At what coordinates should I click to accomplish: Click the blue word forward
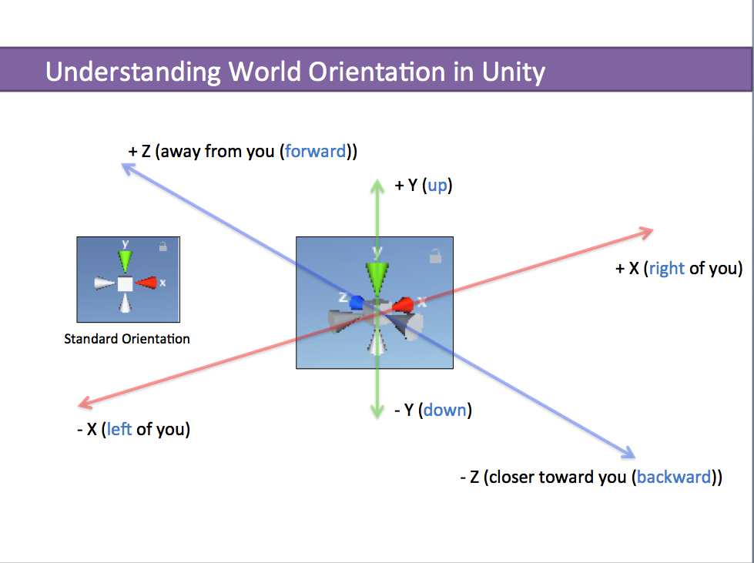[315, 151]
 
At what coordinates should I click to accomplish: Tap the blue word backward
[673, 477]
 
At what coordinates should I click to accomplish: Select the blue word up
[437, 186]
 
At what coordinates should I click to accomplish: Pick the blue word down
[444, 410]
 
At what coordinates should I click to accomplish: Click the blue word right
[666, 268]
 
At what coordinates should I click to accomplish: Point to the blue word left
[119, 429]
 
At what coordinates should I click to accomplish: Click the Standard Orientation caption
[127, 339]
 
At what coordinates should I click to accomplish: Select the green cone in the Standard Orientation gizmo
[125, 260]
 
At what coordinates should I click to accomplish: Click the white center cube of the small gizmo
[125, 284]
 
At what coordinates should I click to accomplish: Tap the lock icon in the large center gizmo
[435, 255]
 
